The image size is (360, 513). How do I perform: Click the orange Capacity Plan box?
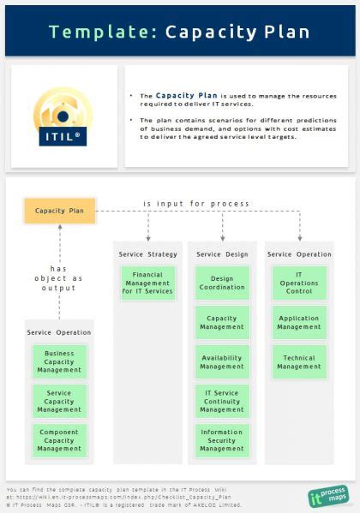point(59,210)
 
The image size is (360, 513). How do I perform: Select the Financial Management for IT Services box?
point(147,283)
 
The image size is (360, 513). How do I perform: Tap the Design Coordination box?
point(222,283)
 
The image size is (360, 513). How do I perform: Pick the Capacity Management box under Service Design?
point(222,321)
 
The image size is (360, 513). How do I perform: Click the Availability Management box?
point(222,362)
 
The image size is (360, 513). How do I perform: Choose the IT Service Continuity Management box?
point(222,401)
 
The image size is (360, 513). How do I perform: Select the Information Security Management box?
point(222,440)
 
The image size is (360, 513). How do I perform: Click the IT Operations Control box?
point(299,283)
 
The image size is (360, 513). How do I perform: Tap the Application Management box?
point(299,321)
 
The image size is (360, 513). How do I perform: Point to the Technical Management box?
point(299,362)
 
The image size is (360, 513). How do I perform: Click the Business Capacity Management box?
point(59,361)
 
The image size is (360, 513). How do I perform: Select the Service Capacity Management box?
point(59,401)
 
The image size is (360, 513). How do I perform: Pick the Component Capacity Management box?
point(59,439)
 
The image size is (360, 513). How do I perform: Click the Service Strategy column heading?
point(147,254)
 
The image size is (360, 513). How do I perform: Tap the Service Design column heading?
point(222,254)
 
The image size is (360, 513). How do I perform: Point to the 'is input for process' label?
point(196,204)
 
